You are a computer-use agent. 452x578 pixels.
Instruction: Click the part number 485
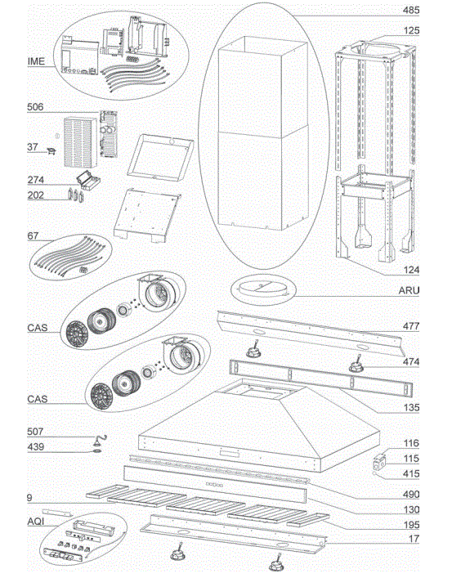[x=411, y=10]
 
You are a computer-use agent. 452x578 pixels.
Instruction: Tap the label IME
[x=36, y=61]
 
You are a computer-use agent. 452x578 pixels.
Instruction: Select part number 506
[x=35, y=107]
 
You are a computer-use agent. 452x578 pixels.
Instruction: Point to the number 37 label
[x=33, y=146]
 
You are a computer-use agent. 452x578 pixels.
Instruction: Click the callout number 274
[x=36, y=180]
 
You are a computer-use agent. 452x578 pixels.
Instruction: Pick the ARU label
[x=409, y=290]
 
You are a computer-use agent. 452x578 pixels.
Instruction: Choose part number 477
[x=411, y=326]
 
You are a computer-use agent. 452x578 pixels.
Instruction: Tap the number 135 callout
[x=411, y=407]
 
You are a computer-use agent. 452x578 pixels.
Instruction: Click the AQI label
[x=36, y=522]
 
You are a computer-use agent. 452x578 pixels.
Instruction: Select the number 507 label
[x=35, y=432]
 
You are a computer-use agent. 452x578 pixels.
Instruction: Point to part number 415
[x=411, y=473]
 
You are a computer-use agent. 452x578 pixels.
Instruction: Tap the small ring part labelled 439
[x=96, y=450]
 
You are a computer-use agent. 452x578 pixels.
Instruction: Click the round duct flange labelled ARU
[x=263, y=290]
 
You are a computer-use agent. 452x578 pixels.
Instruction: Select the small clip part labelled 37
[x=51, y=151]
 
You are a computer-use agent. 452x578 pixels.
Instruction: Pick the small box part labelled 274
[x=88, y=181]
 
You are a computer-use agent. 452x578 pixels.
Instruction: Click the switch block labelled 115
[x=378, y=462]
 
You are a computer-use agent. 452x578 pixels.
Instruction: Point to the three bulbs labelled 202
[x=76, y=195]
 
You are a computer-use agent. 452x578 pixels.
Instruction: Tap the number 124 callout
[x=411, y=270]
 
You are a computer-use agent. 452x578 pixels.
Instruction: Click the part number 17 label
[x=414, y=539]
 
